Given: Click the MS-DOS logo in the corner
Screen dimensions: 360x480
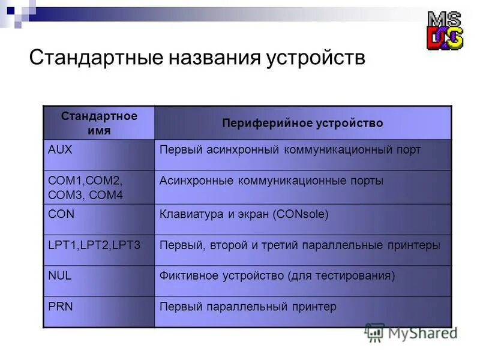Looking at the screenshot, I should pyautogui.click(x=445, y=31).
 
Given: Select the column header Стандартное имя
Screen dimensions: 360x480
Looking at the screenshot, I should pyautogui.click(x=99, y=122).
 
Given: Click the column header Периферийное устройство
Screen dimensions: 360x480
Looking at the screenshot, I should pyautogui.click(x=302, y=123).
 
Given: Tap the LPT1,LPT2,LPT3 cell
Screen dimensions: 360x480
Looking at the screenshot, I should pyautogui.click(x=94, y=245).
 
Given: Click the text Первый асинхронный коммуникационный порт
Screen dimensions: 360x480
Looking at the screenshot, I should pyautogui.click(x=290, y=150).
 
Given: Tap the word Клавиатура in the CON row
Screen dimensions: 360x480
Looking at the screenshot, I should pyautogui.click(x=190, y=214).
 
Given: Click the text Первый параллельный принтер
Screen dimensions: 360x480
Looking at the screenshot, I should pyautogui.click(x=248, y=307).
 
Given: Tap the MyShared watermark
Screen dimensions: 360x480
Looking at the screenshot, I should pyautogui.click(x=412, y=332).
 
